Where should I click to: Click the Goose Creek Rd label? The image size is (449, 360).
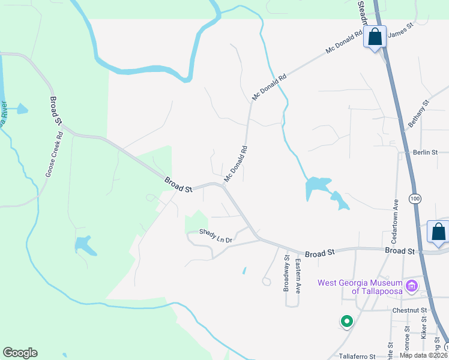(x=54, y=154)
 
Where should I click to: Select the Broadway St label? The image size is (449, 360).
(x=287, y=274)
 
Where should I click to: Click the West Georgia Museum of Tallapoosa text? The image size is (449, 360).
(x=360, y=287)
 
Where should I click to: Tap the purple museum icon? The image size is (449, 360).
(x=412, y=286)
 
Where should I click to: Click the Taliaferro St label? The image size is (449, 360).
(x=357, y=355)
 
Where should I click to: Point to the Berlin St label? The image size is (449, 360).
(x=427, y=152)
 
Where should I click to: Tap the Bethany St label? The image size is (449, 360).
(x=420, y=112)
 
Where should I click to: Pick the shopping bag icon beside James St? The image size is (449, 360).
(x=375, y=37)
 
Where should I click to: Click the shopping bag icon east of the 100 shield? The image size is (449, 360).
(x=438, y=232)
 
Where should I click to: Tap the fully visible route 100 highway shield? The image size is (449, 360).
(x=414, y=198)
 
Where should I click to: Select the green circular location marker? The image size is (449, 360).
(x=346, y=322)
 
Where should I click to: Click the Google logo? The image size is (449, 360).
(x=20, y=353)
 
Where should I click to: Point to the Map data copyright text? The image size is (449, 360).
(x=424, y=355)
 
